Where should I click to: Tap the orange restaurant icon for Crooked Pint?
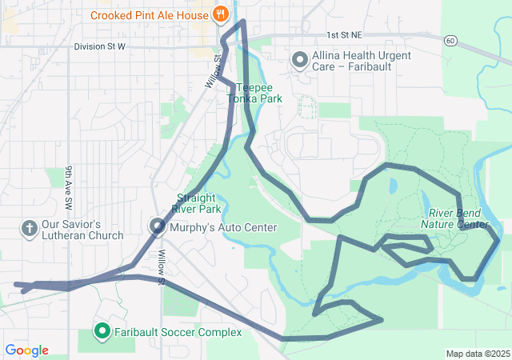(x=219, y=14)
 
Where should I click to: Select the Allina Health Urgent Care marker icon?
(x=299, y=59)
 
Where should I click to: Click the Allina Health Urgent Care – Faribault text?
(x=361, y=62)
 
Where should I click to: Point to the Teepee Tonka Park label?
(x=254, y=93)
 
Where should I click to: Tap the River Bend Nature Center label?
(x=458, y=218)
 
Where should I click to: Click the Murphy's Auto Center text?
(x=224, y=227)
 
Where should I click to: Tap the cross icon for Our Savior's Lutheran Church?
(x=30, y=229)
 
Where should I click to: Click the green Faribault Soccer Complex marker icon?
(x=102, y=330)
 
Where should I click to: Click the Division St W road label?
(x=100, y=46)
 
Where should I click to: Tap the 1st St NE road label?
(x=344, y=35)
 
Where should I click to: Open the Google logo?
(x=27, y=350)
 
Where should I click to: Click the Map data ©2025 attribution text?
(x=477, y=354)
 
